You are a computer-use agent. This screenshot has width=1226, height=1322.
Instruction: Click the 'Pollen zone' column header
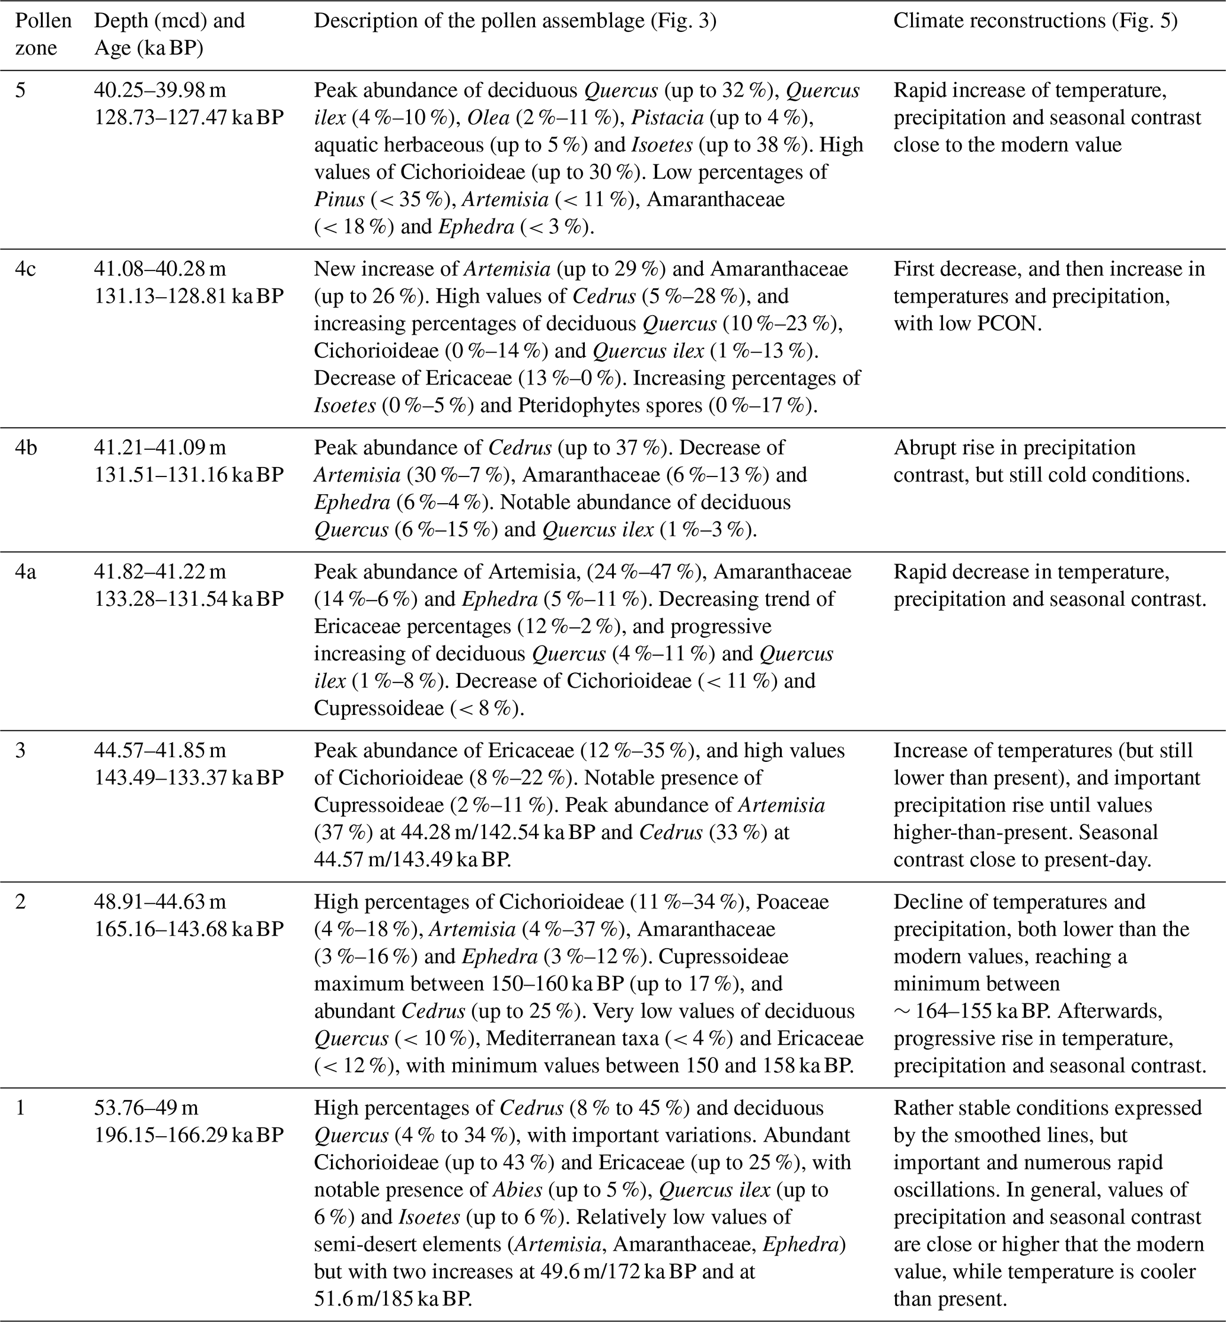point(43,34)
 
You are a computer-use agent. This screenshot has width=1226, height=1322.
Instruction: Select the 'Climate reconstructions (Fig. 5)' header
point(1036,21)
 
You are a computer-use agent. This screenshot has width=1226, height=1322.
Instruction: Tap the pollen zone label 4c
point(26,269)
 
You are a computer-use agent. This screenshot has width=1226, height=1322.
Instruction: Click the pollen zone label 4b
point(27,447)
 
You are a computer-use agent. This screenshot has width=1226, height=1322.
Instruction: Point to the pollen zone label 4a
point(26,571)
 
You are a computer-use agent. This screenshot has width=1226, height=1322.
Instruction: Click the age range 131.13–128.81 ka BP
point(189,296)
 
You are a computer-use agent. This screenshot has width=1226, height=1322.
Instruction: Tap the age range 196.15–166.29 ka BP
point(189,1136)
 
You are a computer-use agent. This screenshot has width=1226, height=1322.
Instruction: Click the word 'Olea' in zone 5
point(488,117)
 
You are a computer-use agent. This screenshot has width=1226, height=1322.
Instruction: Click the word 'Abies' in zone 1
point(514,1190)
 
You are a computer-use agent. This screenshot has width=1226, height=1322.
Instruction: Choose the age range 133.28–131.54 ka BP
point(189,599)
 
